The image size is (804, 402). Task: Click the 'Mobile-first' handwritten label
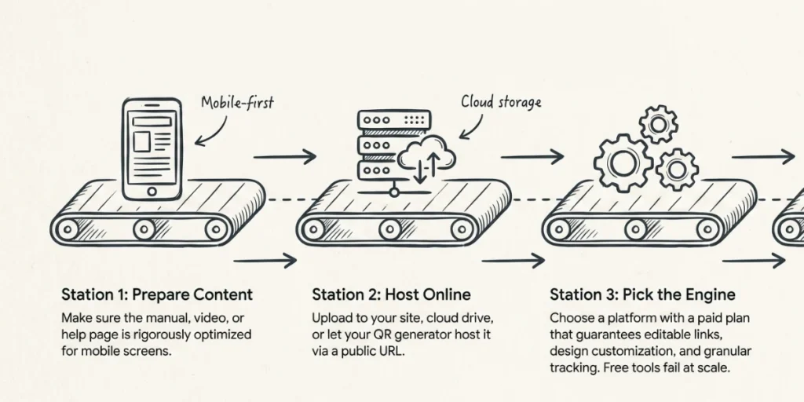click(237, 102)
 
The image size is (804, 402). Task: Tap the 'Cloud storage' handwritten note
click(501, 101)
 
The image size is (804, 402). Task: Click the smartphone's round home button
click(152, 192)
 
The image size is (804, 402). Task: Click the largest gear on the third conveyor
click(623, 163)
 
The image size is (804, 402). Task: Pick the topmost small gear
click(659, 124)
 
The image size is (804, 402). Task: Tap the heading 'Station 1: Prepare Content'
click(157, 294)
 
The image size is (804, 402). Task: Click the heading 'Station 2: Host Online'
click(391, 294)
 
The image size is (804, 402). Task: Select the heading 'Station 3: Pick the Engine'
click(642, 294)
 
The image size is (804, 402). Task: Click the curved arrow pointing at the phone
click(210, 132)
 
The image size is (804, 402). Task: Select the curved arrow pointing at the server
click(472, 126)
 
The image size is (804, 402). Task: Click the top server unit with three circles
click(394, 120)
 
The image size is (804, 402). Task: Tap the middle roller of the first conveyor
click(144, 229)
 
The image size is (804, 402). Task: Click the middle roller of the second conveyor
click(390, 229)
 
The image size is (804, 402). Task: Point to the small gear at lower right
click(677, 170)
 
